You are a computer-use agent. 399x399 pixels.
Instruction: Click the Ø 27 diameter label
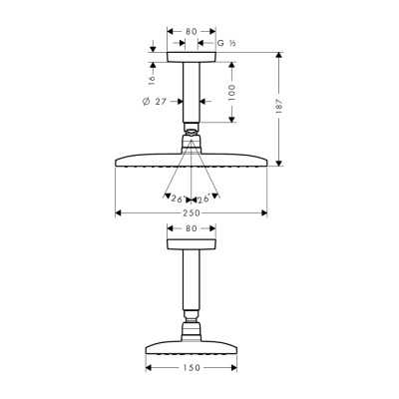coord(153,102)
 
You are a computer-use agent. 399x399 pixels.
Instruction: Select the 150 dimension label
coord(192,367)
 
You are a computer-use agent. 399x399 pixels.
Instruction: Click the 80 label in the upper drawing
coord(192,31)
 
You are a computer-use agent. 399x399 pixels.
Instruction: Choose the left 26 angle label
coord(178,199)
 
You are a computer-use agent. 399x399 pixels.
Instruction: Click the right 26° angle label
coord(204,199)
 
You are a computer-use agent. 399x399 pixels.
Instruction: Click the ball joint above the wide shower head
coord(192,134)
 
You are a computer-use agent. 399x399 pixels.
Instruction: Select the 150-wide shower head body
coord(192,347)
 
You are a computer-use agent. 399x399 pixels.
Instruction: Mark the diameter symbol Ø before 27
coord(146,102)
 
